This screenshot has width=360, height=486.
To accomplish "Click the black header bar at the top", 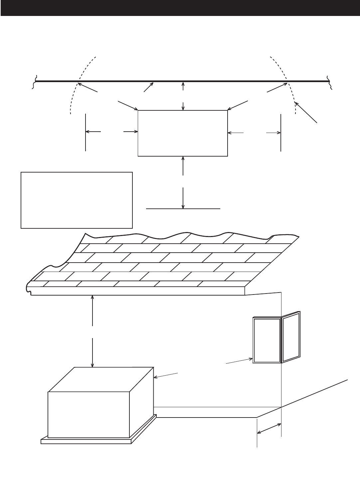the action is [x=180, y=8].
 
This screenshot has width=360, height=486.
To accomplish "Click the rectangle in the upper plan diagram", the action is [x=183, y=133].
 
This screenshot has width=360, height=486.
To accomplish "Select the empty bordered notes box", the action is [x=77, y=200].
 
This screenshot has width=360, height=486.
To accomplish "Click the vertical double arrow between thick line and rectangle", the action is [x=183, y=96].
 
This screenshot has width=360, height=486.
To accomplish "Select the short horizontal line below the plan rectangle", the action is [x=183, y=209].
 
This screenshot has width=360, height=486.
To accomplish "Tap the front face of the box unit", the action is [x=89, y=415].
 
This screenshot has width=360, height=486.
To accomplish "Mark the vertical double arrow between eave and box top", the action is [x=92, y=332].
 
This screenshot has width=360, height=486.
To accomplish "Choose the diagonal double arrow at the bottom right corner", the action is [x=270, y=428].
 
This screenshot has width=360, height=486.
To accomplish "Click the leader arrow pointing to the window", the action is [x=239, y=361].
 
